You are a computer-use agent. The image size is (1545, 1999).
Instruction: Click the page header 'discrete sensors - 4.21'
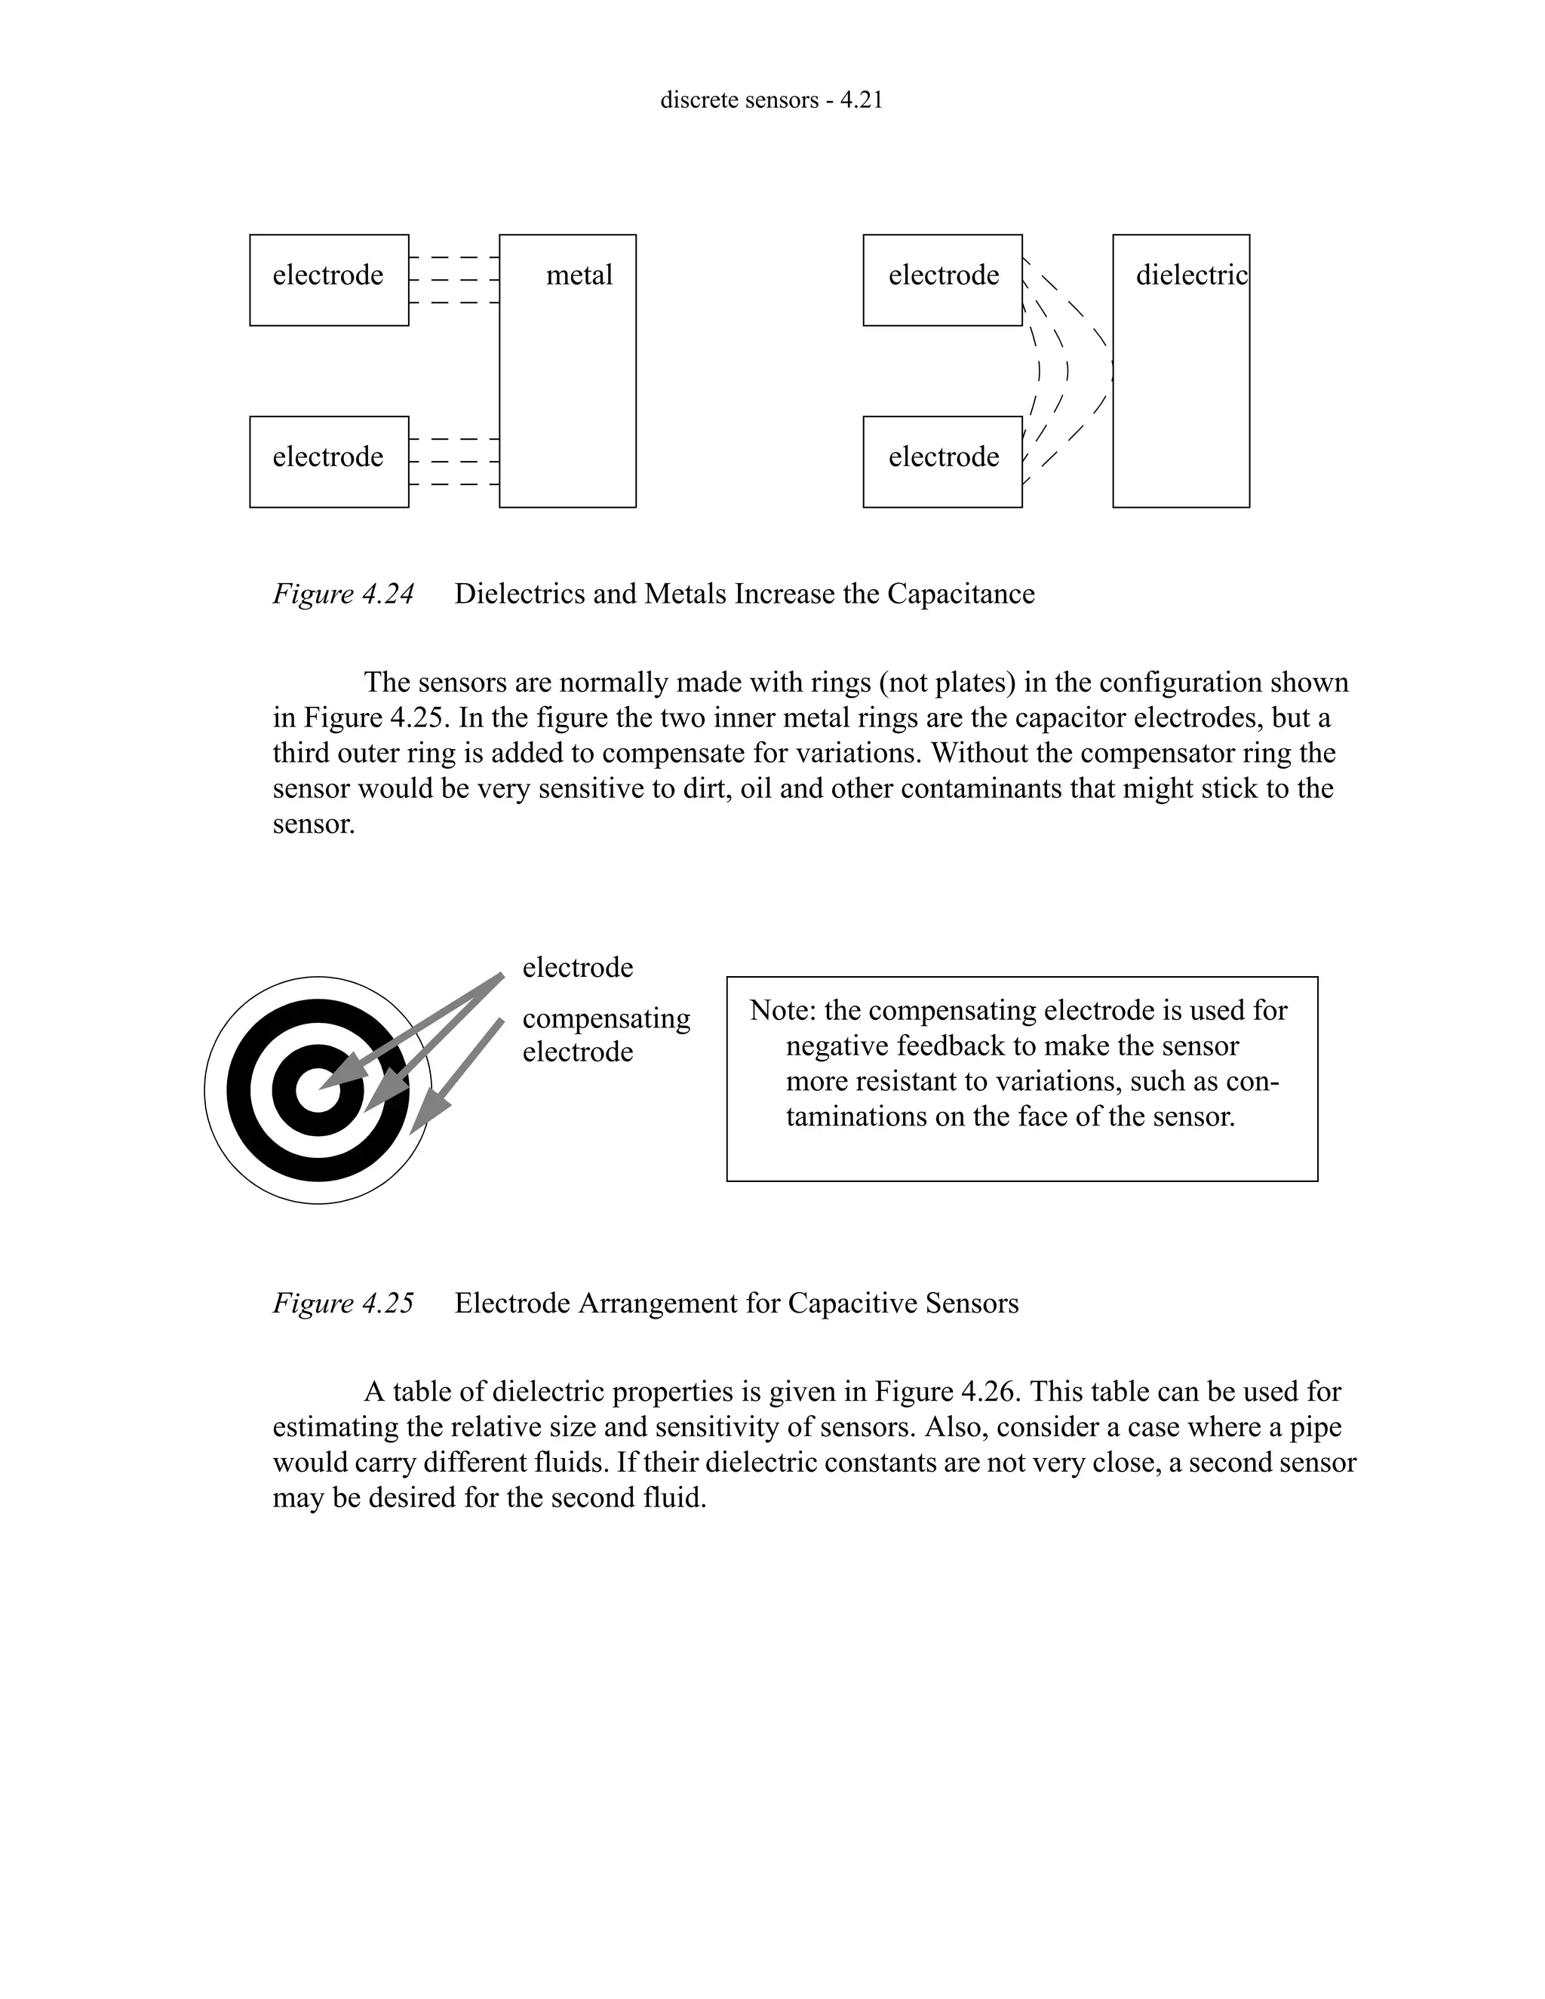772,100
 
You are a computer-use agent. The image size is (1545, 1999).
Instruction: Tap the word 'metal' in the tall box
579,275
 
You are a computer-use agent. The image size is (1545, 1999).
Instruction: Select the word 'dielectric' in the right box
1190,275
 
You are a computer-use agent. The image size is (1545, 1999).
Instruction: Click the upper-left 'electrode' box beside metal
329,279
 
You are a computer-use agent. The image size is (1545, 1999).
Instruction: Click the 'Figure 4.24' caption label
343,594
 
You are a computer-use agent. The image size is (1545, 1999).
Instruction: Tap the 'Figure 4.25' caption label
343,1303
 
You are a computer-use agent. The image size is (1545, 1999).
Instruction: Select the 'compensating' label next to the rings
606,1018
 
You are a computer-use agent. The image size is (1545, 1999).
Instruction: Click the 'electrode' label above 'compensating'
578,968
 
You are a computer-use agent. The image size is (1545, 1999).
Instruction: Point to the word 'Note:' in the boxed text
782,1011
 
